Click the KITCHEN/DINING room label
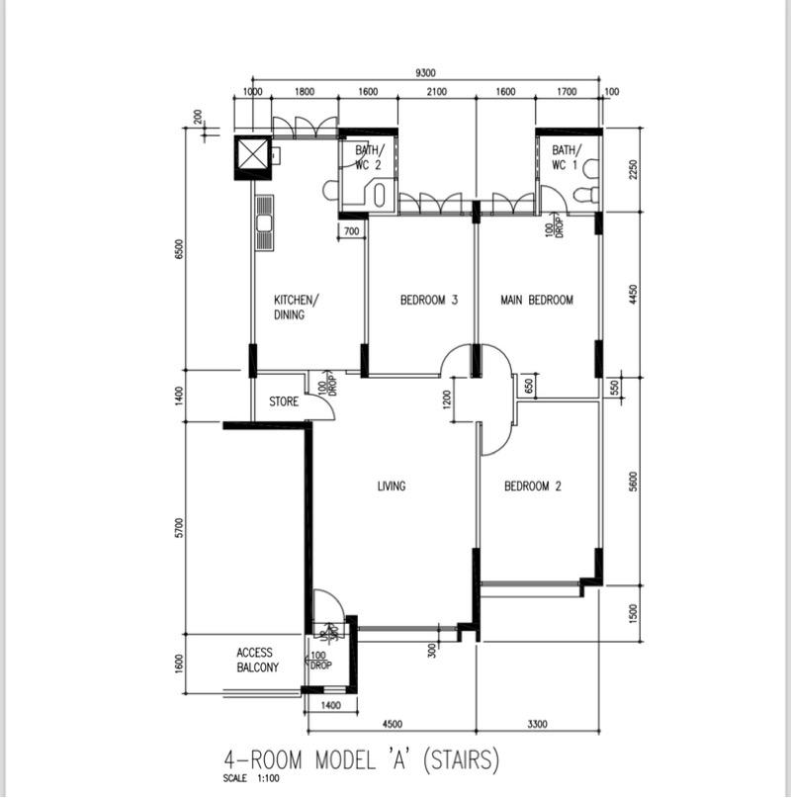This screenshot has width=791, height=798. [296, 308]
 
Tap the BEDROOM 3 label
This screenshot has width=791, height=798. [428, 300]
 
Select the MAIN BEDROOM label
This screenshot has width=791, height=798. [536, 300]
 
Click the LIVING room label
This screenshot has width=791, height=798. [392, 486]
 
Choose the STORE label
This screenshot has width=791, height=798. [284, 402]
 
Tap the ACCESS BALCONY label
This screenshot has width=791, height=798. [257, 661]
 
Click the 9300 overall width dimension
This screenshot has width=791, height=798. [427, 72]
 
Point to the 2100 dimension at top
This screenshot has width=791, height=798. [436, 92]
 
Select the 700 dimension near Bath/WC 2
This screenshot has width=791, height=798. [352, 232]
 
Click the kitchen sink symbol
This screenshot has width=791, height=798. [264, 223]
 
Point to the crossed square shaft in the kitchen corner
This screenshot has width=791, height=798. [251, 154]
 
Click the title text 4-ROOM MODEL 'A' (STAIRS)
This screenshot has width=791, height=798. [363, 761]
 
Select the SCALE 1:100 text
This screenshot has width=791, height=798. [252, 780]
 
